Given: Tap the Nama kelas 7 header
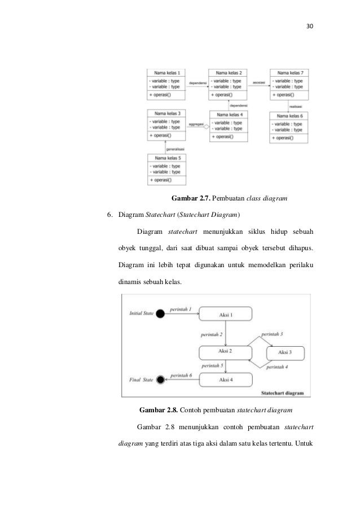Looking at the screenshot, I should pyautogui.click(x=290, y=73).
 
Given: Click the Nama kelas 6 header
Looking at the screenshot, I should pyautogui.click(x=290, y=115).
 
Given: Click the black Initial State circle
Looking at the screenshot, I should pyautogui.click(x=160, y=313).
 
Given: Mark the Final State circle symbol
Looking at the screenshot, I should pyautogui.click(x=160, y=380).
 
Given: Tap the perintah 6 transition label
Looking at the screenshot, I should pyautogui.click(x=182, y=376).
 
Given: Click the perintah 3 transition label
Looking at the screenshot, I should pyautogui.click(x=273, y=335).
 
